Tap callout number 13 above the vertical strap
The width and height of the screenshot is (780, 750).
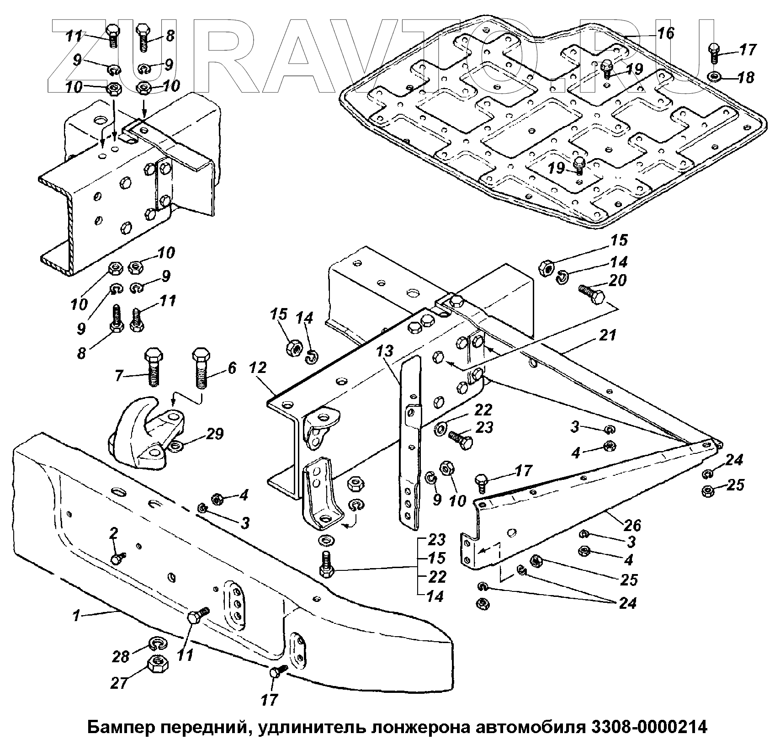(x=385, y=352)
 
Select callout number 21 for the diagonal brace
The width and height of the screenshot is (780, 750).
(x=608, y=335)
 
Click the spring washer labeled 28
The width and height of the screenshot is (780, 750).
(x=158, y=644)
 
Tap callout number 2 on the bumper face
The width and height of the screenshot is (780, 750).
(x=114, y=533)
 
